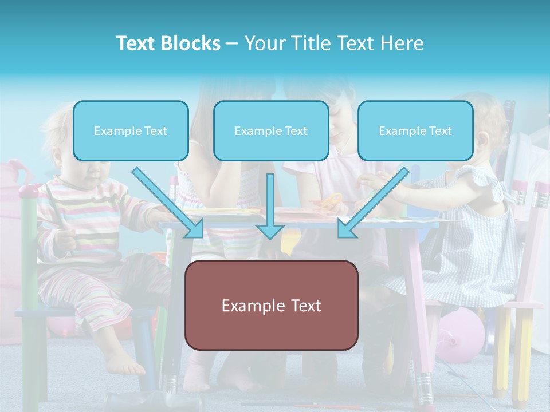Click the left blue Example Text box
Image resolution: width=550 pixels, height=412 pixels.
[131, 131]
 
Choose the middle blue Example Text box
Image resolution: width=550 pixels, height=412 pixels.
[271, 131]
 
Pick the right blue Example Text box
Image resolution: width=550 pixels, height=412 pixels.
[415, 131]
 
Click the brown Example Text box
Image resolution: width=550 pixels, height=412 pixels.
[271, 306]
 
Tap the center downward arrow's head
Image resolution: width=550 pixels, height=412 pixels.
[270, 231]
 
